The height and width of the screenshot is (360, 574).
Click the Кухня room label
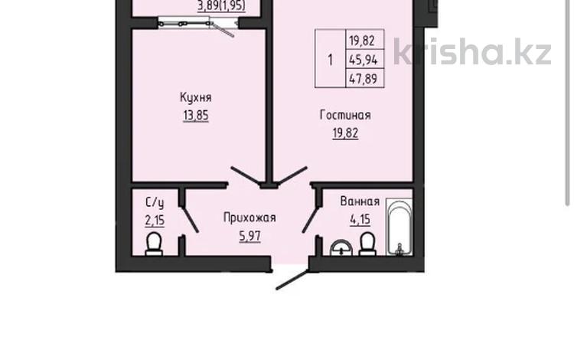click(195, 98)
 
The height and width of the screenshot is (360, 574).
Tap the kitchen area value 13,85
click(195, 116)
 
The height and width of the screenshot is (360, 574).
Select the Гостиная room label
click(345, 116)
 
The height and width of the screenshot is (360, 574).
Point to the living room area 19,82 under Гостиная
click(345, 132)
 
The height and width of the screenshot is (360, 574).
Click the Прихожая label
click(249, 218)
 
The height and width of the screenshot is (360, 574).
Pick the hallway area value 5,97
click(249, 236)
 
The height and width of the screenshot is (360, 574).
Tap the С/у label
click(154, 203)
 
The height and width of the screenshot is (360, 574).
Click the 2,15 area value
click(155, 221)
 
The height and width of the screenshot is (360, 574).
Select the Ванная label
click(360, 202)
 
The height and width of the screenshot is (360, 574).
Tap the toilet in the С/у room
click(154, 244)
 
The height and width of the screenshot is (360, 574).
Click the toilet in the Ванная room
click(367, 244)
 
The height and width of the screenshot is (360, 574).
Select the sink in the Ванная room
click(339, 247)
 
